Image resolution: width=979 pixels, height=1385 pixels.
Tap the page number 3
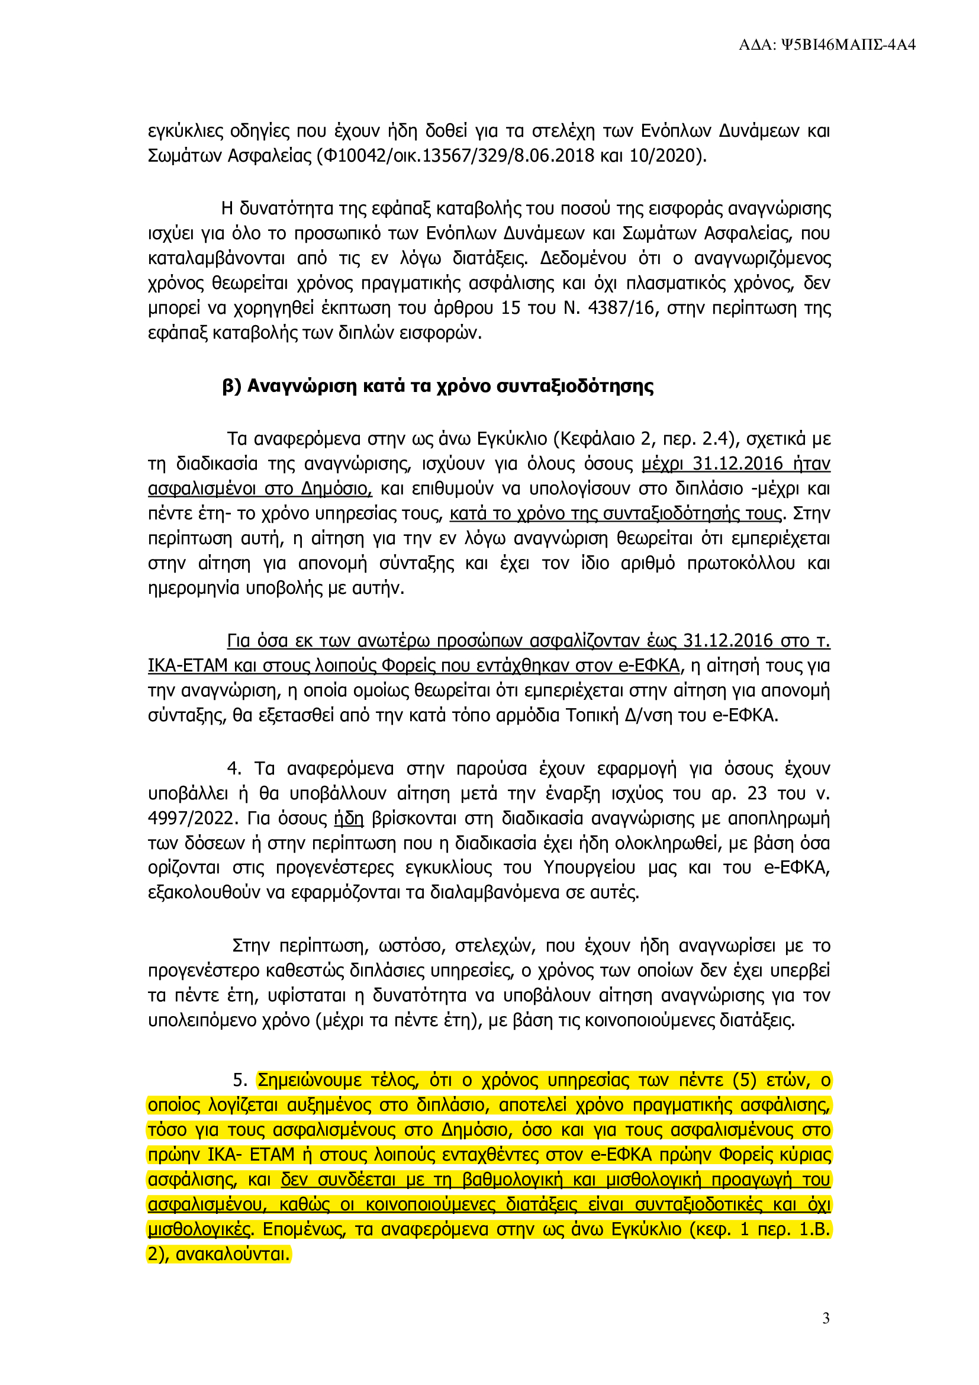[826, 1319]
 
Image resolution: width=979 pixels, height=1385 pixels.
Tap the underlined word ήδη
[349, 818]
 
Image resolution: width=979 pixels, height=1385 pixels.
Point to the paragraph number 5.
[240, 1081]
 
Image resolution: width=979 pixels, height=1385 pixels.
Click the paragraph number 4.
[234, 769]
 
